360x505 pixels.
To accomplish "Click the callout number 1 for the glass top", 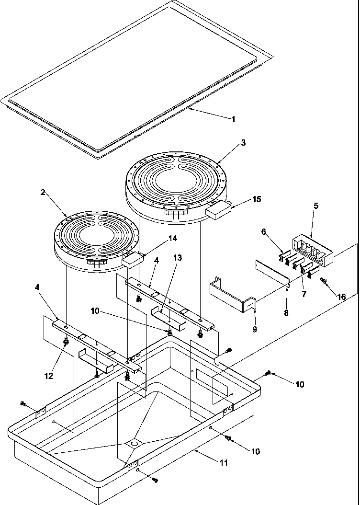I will (x=233, y=119).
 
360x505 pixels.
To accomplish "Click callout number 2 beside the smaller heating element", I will (x=43, y=193).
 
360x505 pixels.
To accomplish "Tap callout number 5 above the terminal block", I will (x=315, y=206).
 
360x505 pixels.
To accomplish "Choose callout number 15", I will (x=257, y=199).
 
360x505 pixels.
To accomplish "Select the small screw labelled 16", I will (x=324, y=280).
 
